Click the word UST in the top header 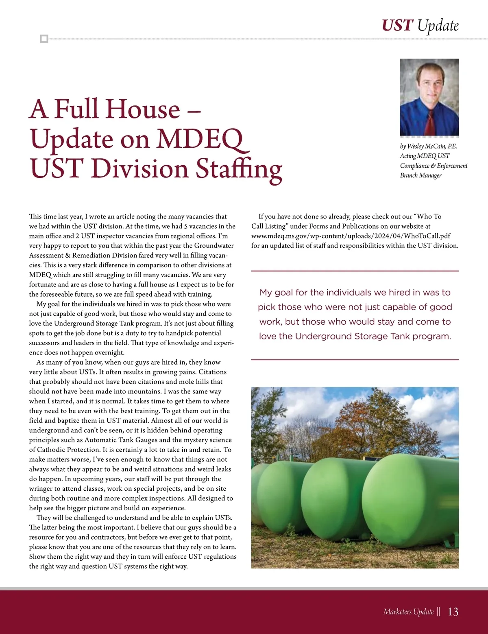click(397, 25)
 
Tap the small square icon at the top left click(44, 39)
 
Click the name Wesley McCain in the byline click(426, 146)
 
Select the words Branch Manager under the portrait click(420, 175)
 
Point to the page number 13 click(453, 612)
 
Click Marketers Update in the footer click(408, 612)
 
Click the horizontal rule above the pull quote click(355, 271)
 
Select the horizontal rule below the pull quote click(355, 360)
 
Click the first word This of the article click(35, 216)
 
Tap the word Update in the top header click(438, 25)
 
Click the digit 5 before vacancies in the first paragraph click(186, 226)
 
